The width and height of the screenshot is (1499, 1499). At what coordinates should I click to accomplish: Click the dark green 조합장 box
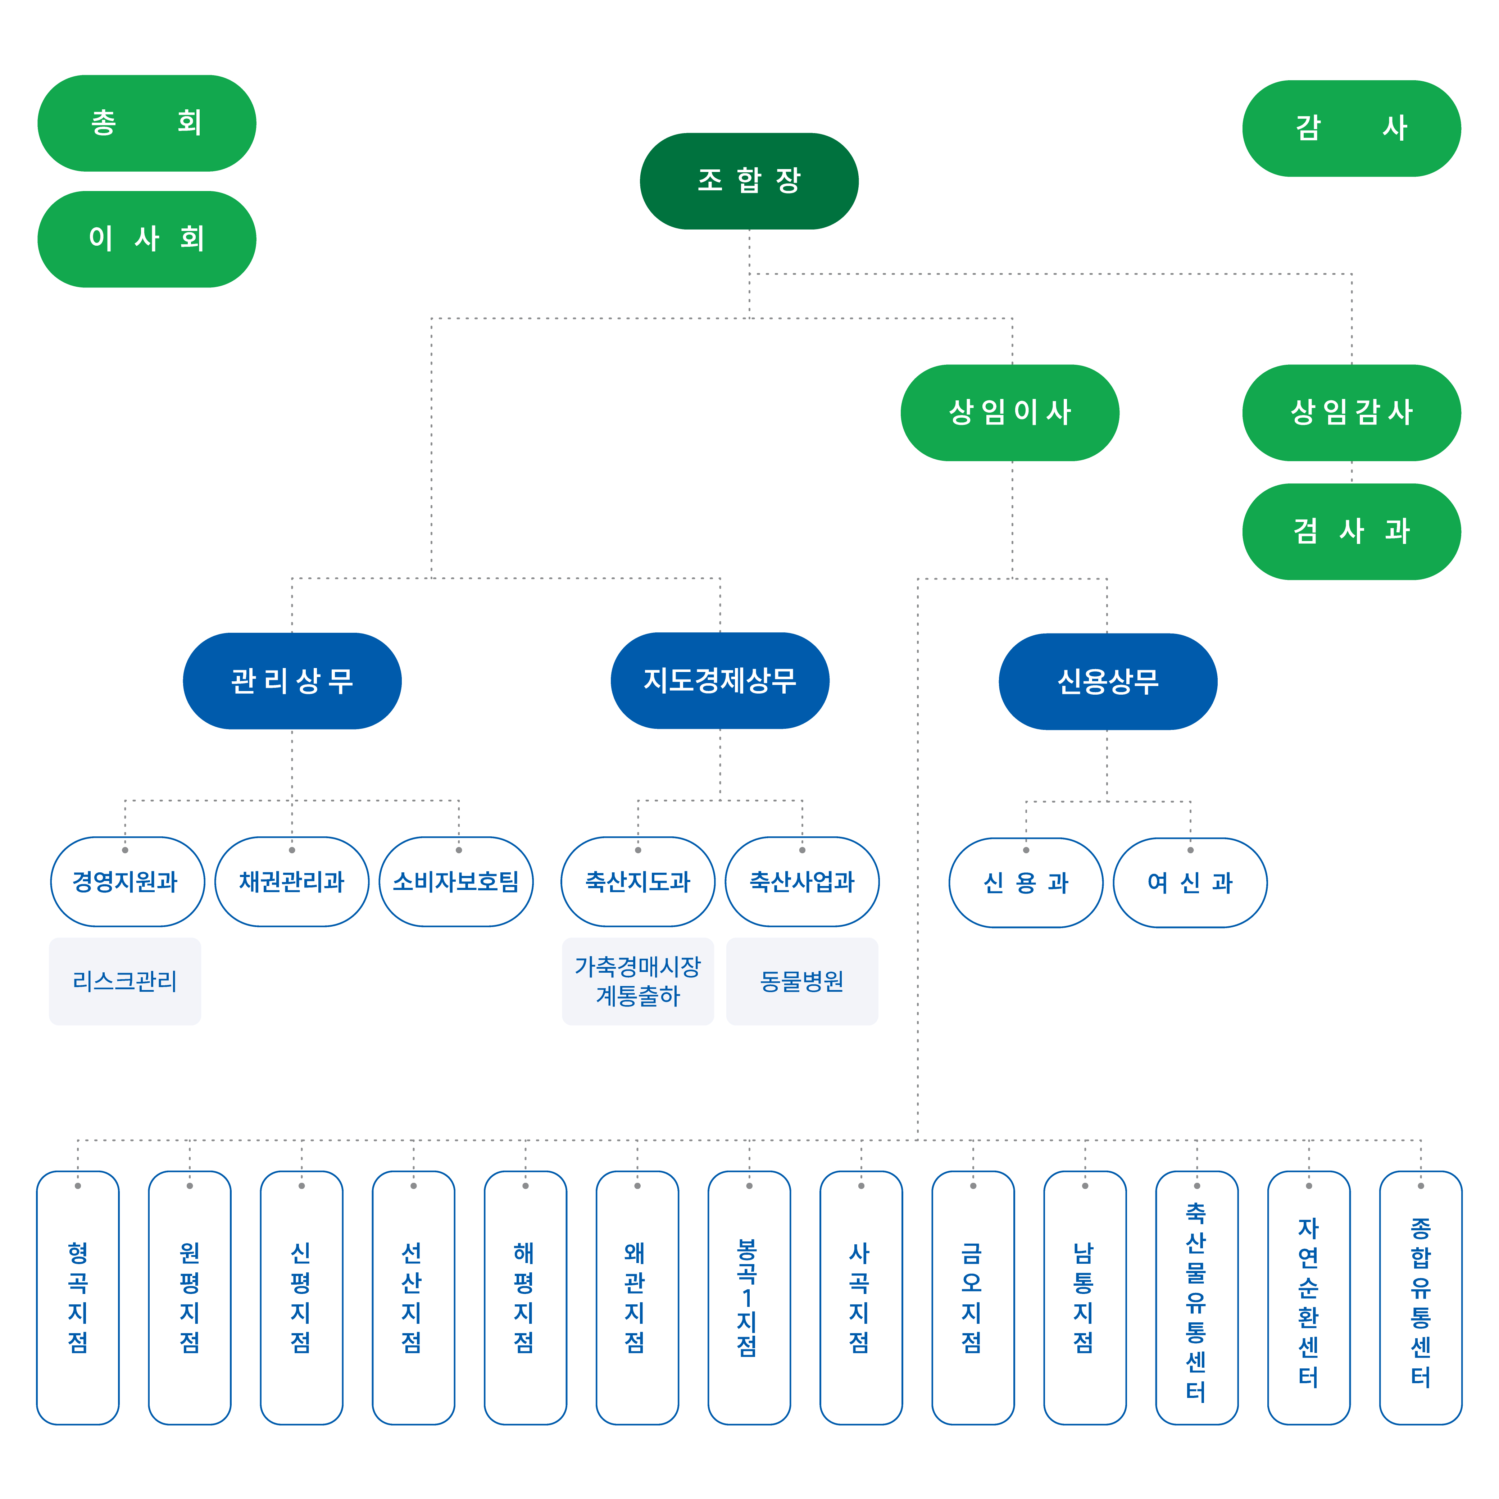pyautogui.click(x=749, y=181)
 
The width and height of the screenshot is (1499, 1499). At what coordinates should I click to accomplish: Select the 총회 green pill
pyautogui.click(x=147, y=123)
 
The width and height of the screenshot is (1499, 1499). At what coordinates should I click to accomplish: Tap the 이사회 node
pyautogui.click(x=147, y=239)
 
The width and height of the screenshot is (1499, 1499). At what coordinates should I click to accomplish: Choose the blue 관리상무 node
pyautogui.click(x=292, y=681)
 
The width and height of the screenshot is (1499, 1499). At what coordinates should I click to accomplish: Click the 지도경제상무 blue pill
pyautogui.click(x=720, y=681)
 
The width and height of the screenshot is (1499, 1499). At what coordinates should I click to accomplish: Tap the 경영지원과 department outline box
pyautogui.click(x=127, y=881)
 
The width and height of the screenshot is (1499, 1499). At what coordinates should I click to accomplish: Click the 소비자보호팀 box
pyautogui.click(x=456, y=881)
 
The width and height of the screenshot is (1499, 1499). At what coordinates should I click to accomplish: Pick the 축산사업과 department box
pyautogui.click(x=802, y=881)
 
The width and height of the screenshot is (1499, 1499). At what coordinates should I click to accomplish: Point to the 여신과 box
pyautogui.click(x=1190, y=882)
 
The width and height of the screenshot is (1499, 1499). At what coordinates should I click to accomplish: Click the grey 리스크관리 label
pyautogui.click(x=125, y=981)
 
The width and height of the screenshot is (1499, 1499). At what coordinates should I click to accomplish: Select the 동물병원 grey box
pyautogui.click(x=802, y=981)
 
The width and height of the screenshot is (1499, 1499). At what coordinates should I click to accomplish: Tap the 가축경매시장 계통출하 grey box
pyautogui.click(x=638, y=981)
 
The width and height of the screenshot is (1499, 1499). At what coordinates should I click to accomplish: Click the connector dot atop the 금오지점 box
pyautogui.click(x=973, y=1186)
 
